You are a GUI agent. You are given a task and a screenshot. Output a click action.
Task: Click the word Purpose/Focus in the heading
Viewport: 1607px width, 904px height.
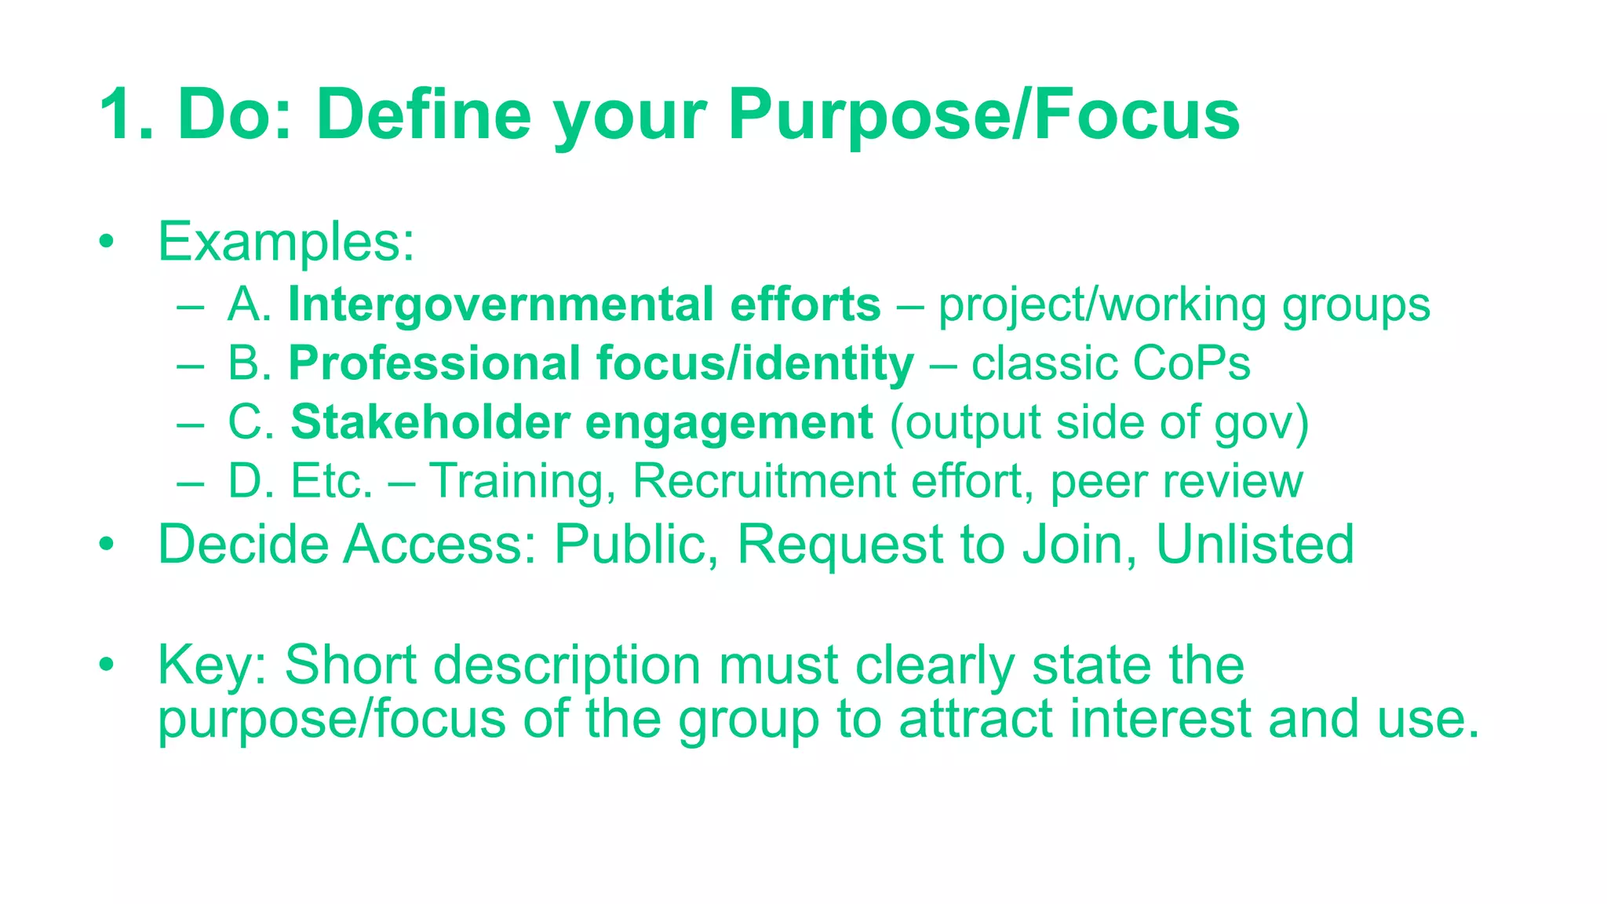click(x=983, y=115)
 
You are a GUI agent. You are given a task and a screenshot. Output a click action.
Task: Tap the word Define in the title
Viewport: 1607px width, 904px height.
click(x=424, y=115)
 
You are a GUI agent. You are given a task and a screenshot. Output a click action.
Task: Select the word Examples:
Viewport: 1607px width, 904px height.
click(x=286, y=242)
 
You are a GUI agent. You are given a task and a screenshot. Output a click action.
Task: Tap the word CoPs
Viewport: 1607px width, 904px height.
click(x=1191, y=363)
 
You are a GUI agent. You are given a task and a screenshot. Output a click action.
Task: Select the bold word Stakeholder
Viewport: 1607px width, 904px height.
click(x=429, y=422)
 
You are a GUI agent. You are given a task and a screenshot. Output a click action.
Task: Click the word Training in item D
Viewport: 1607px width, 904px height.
click(x=516, y=481)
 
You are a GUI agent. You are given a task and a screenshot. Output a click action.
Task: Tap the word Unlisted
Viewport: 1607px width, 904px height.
click(x=1255, y=544)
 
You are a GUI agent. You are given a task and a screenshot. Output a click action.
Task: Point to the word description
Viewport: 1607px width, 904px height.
click(x=567, y=665)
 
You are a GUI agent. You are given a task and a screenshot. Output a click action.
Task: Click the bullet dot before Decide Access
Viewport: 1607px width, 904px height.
click(x=107, y=544)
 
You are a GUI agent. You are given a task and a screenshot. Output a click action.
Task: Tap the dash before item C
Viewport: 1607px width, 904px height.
click(x=190, y=424)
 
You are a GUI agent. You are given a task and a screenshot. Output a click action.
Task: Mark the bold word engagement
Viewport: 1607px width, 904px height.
click(x=729, y=424)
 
